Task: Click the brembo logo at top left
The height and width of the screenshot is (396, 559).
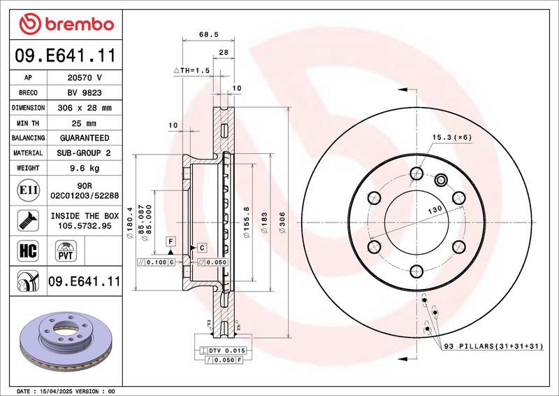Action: [x=66, y=24]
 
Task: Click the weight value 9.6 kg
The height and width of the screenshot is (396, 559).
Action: [x=85, y=168]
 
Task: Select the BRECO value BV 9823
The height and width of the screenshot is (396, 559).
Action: [x=85, y=93]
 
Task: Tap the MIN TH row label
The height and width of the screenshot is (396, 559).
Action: [x=28, y=124]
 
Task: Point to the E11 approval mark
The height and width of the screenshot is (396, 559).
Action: [x=28, y=190]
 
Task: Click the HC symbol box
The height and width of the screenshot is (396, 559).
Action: [x=28, y=250]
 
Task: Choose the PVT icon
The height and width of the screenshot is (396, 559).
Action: [x=66, y=250]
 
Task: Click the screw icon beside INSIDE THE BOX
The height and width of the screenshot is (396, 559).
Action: [x=28, y=220]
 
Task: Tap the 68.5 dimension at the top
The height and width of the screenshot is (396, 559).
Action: [x=208, y=35]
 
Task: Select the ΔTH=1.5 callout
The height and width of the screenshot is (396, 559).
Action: [x=191, y=71]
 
